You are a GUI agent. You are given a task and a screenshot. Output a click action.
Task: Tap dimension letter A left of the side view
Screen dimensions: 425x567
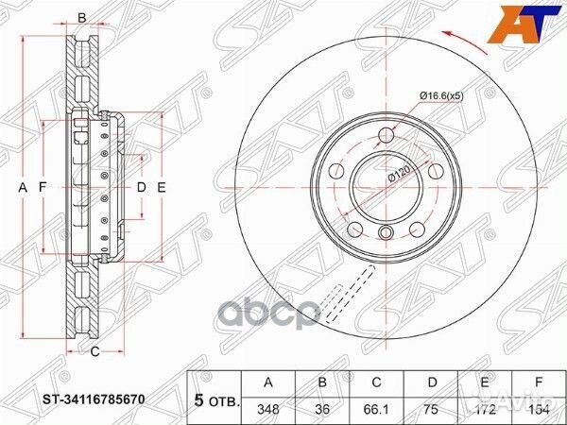point(24,187)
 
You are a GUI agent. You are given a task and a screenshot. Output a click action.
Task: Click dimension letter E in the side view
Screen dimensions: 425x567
point(162,187)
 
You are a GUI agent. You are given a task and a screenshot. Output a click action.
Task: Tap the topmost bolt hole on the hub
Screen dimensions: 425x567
point(385,133)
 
